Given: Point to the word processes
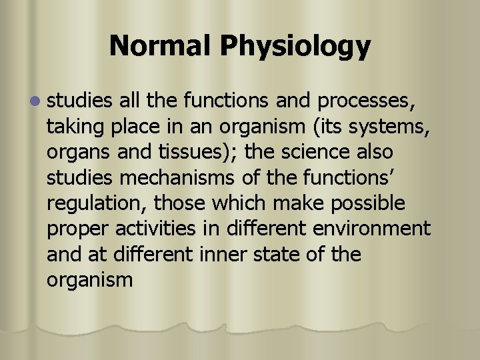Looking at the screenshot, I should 367,102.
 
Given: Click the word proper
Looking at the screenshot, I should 79,229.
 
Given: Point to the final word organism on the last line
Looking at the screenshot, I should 90,279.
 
